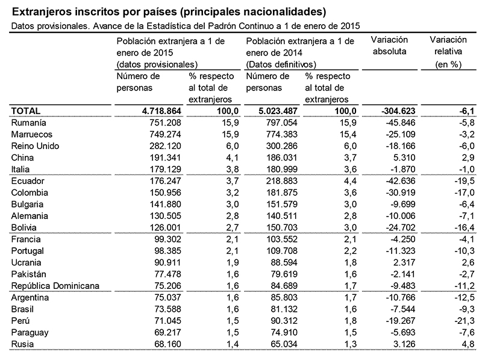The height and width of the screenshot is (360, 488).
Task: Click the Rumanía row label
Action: point(28,122)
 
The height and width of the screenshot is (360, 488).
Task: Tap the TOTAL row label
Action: point(26,111)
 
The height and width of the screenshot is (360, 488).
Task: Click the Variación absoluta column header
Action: point(390,45)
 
